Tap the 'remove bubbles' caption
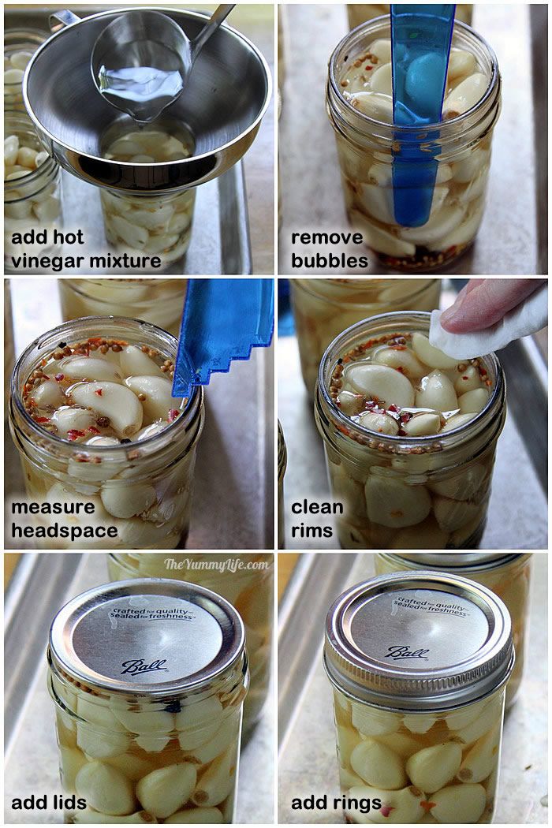[x=329, y=249]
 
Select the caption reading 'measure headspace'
[x=65, y=518]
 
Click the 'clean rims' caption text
[x=317, y=518]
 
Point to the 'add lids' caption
[x=49, y=803]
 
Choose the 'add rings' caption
[x=326, y=803]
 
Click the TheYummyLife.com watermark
[x=216, y=564]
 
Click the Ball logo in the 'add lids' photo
[x=144, y=666]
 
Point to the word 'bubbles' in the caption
[x=329, y=261]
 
